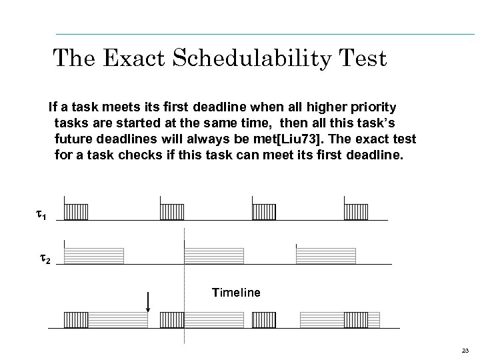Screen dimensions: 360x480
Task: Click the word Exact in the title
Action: click(139, 58)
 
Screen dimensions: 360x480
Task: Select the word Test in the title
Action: click(363, 58)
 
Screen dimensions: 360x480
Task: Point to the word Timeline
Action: click(236, 292)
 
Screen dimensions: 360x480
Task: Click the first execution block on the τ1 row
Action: click(76, 212)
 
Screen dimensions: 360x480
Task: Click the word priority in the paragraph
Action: click(371, 107)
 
